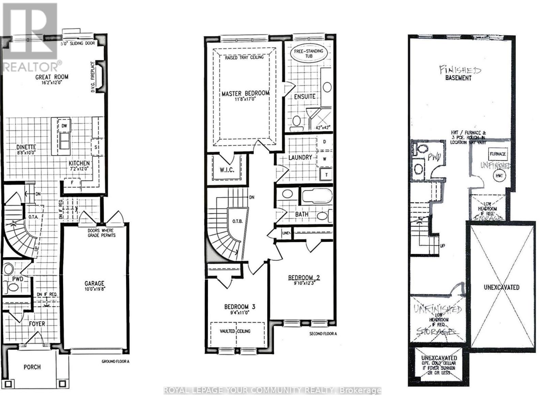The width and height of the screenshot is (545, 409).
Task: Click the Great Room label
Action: [52, 77]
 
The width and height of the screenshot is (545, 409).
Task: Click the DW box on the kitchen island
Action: [64, 126]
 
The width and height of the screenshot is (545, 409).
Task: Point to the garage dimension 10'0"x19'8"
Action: [94, 290]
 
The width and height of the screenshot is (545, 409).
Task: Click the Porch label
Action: [32, 367]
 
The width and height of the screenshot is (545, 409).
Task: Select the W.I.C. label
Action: [227, 169]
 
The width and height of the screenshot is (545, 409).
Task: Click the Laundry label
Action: [300, 157]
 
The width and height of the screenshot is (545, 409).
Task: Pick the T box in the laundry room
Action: [326, 175]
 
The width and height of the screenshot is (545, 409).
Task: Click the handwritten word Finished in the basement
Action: [460, 70]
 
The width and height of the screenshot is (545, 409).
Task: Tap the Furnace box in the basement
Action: [498, 154]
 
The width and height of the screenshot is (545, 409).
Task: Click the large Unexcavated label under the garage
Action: [501, 287]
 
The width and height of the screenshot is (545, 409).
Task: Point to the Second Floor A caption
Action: [323, 334]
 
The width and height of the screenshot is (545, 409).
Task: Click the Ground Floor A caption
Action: [115, 362]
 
